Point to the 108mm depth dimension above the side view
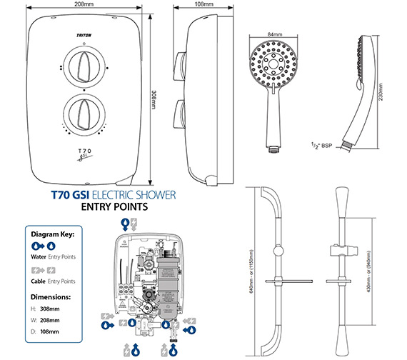(204, 4)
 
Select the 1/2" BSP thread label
(320, 144)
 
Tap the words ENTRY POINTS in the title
(114, 207)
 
